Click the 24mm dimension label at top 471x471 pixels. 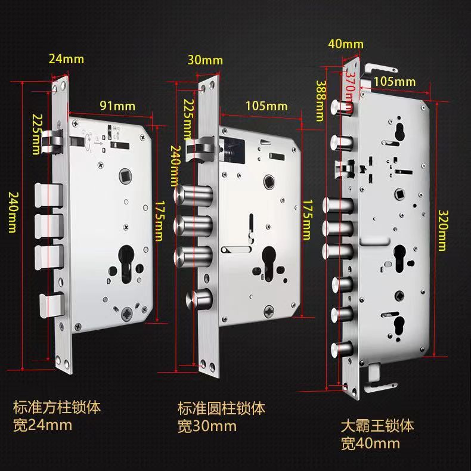[66, 59]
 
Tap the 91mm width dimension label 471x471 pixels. [117, 106]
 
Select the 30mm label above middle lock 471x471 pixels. [205, 60]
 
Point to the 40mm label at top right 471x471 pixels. [346, 44]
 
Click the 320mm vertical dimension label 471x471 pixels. [442, 230]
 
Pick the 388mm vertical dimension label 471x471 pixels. [321, 101]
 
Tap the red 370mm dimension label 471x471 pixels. [350, 90]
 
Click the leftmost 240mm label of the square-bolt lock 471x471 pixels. [12, 212]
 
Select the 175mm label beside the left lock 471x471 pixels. [159, 221]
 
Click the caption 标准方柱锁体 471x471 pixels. [57, 408]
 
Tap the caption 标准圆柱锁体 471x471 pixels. [221, 408]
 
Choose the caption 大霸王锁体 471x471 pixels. [377, 426]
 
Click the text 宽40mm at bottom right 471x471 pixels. [370, 444]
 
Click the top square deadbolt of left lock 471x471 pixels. [49, 195]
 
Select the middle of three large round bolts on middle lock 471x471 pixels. [193, 225]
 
